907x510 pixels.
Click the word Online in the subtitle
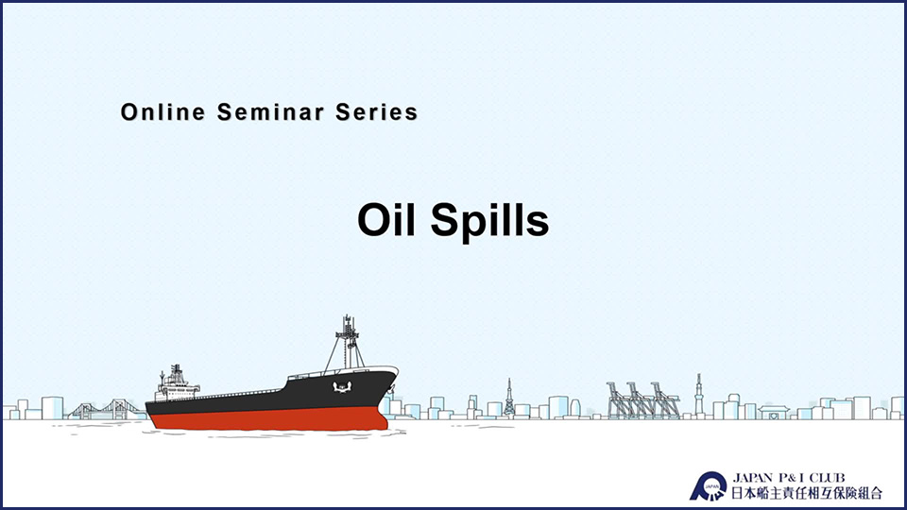click(163, 111)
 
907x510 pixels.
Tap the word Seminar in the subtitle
click(270, 111)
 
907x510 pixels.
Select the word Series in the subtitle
click(377, 111)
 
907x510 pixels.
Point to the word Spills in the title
click(489, 221)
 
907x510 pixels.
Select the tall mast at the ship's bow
click(347, 342)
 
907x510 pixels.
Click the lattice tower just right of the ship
click(509, 398)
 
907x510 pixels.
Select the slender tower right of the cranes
click(699, 395)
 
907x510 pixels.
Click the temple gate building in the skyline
click(774, 413)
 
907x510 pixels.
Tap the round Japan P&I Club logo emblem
click(709, 486)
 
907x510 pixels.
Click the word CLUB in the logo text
click(828, 478)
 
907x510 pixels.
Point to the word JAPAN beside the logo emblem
click(753, 478)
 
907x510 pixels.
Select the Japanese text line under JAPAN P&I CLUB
click(807, 493)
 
